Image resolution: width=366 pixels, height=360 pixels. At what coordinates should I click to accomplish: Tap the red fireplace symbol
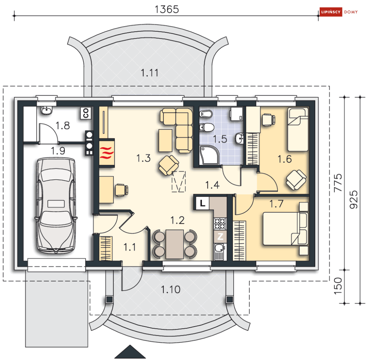pos(107,153)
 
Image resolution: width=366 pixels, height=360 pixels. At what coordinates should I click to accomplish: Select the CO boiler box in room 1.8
pos(86,113)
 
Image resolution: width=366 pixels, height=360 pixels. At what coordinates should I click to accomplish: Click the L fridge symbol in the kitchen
pos(202,203)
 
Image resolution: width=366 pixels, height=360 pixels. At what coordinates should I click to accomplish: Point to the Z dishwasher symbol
pos(220,236)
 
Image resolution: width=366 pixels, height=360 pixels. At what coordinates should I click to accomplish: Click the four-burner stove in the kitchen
pos(220,223)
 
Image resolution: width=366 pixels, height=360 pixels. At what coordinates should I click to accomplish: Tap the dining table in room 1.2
pos(174,244)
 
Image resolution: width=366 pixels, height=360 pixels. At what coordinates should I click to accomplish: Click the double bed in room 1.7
pos(285,229)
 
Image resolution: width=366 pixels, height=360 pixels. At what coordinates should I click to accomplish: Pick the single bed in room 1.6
pos(298,130)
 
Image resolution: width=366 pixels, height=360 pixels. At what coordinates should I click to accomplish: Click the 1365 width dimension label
pos(167,9)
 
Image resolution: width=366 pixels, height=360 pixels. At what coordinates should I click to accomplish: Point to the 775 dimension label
pos(338,183)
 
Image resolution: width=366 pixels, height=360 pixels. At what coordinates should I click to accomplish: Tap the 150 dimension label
pos(338,286)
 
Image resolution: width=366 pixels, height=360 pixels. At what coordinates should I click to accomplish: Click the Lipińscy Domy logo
pos(339,12)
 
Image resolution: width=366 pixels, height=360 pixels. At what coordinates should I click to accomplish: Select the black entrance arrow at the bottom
pos(130,352)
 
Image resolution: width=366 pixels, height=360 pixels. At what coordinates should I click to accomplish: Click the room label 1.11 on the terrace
pos(149,73)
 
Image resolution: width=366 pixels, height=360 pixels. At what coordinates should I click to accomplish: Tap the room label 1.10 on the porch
pos(171,290)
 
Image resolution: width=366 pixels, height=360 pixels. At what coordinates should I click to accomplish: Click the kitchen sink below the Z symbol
pos(219,252)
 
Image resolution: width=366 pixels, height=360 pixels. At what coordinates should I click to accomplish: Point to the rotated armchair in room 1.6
pos(296,179)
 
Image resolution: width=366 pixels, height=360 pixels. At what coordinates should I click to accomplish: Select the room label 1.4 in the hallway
pos(212,185)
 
